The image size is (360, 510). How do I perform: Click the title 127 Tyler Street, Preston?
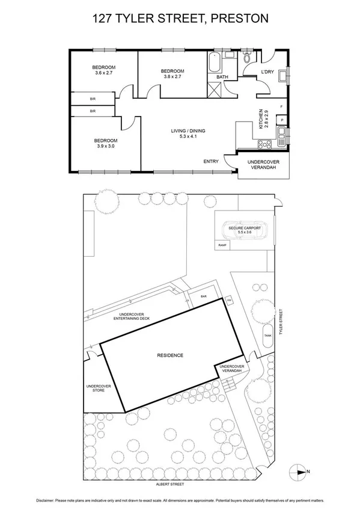pos(180,19)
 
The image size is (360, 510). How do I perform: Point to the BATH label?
pos(222,77)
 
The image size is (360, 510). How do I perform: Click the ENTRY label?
pos(211,161)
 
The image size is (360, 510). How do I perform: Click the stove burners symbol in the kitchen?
pos(264,144)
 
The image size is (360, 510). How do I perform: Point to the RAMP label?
pos(222,246)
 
